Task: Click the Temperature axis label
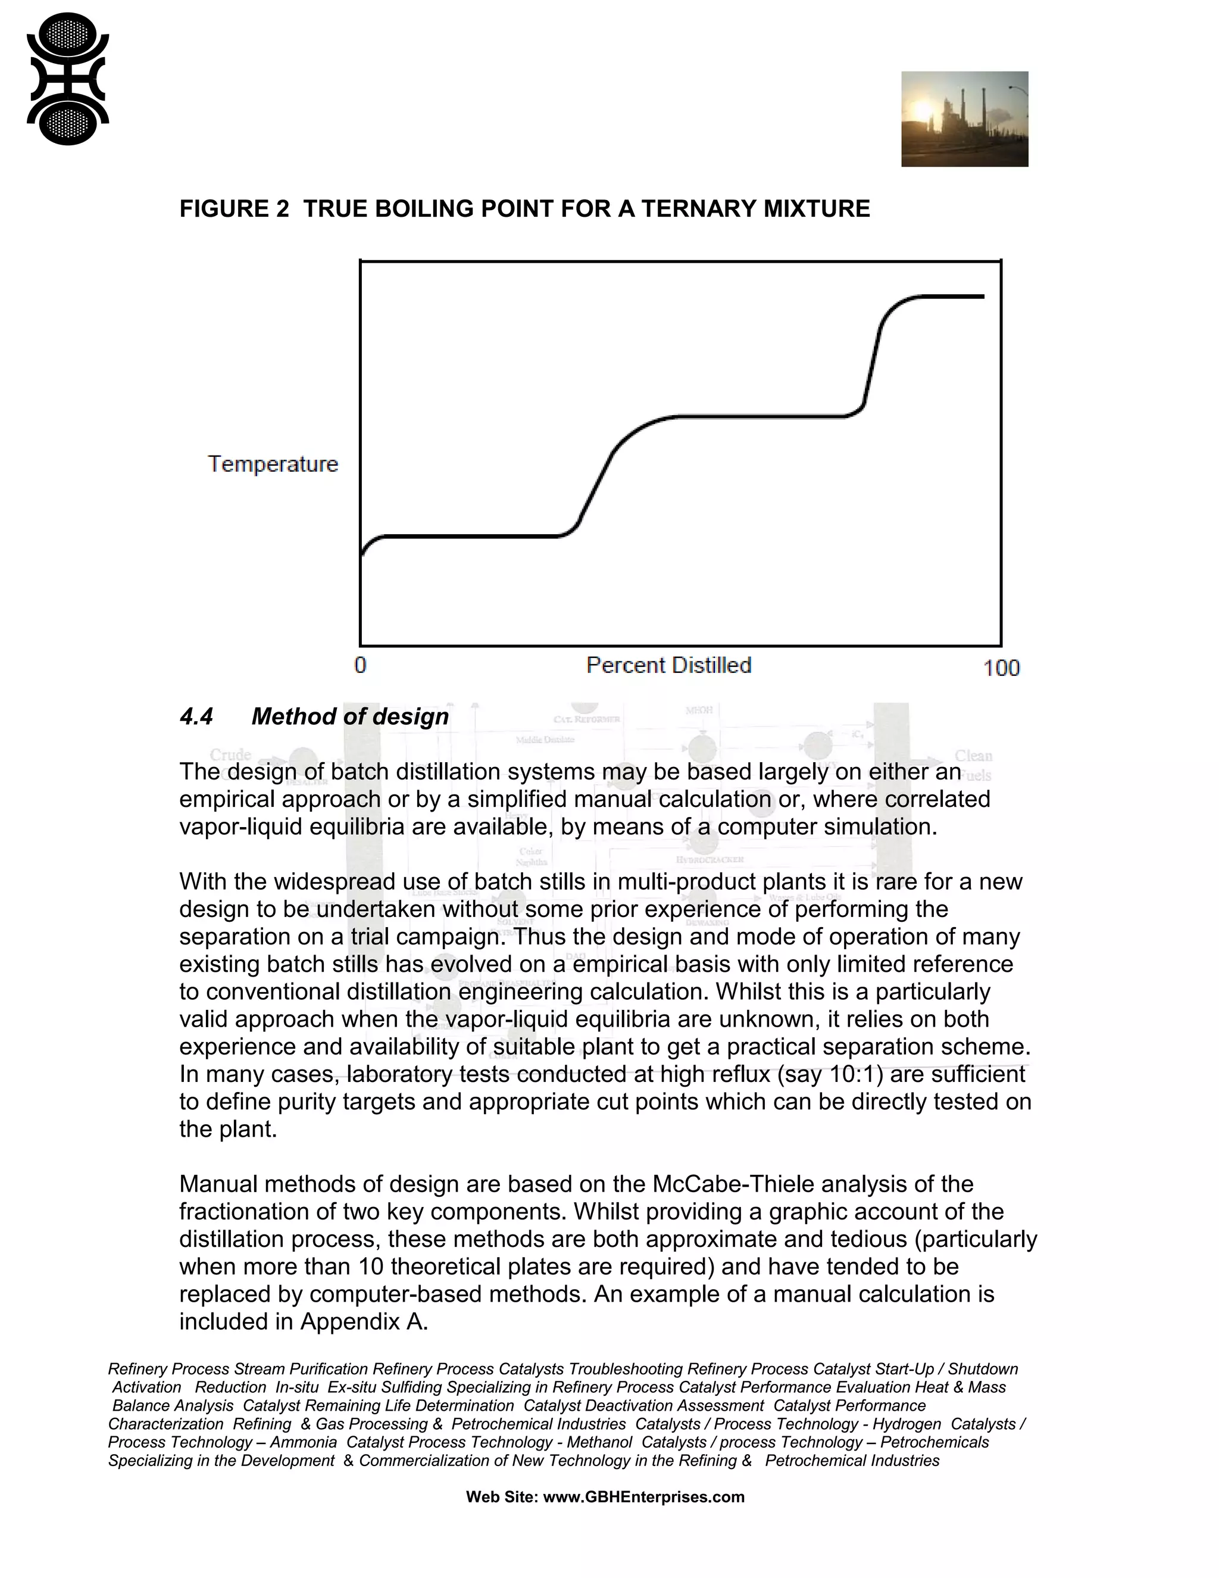[273, 464]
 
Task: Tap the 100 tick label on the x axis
[1001, 668]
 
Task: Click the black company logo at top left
[68, 79]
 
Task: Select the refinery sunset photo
[964, 119]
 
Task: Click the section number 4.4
[196, 717]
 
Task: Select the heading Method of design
[350, 717]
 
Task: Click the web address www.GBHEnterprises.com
[643, 1496]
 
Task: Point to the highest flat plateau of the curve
[952, 295]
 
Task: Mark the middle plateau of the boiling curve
[758, 416]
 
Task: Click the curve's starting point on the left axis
[362, 555]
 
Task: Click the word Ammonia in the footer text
[304, 1442]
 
